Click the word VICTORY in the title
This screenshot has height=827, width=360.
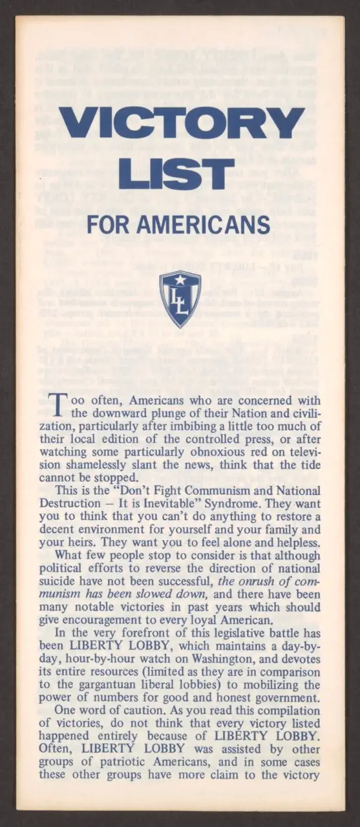[x=181, y=123]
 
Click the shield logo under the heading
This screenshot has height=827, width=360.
[x=180, y=298]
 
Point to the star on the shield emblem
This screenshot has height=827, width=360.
[x=180, y=280]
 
